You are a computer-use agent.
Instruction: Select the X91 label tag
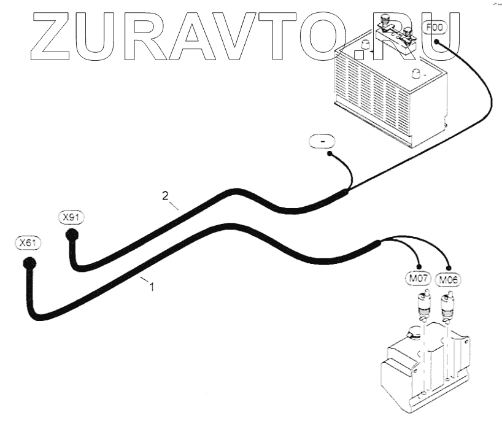tap(72, 217)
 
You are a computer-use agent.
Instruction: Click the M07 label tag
tap(420, 280)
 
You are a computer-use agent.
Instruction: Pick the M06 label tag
tap(449, 280)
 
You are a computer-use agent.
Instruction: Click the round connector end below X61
tap(28, 264)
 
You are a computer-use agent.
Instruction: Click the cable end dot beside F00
tap(436, 41)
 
